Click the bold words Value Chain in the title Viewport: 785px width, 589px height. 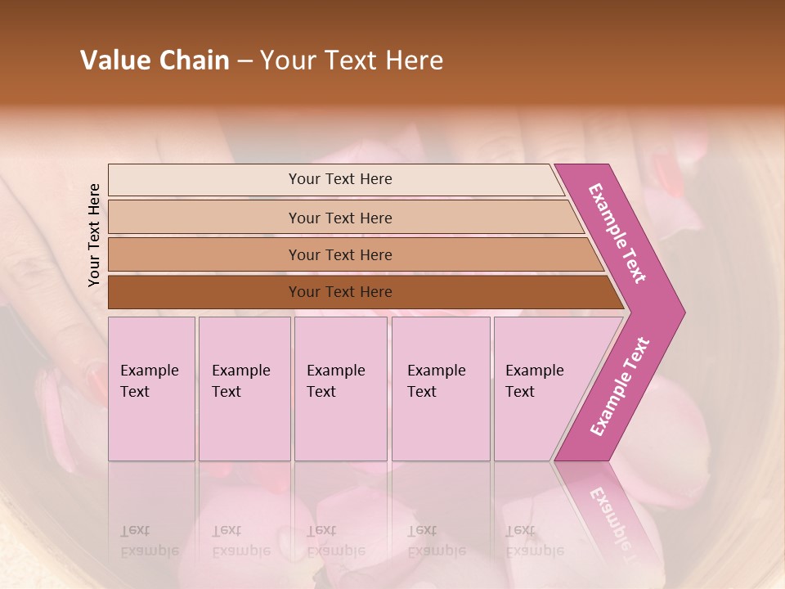click(155, 61)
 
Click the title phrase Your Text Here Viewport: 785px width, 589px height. click(352, 61)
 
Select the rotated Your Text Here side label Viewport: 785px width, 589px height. click(94, 235)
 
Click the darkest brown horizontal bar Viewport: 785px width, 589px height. click(204, 292)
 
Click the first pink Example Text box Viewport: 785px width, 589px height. click(151, 389)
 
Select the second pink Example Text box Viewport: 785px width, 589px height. click(244, 389)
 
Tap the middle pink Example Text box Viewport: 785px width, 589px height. click(340, 389)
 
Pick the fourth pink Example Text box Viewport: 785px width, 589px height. click(441, 389)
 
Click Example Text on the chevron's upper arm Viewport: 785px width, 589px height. click(617, 233)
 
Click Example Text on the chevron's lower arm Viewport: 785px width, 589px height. click(619, 387)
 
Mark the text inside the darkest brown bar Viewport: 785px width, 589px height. click(340, 292)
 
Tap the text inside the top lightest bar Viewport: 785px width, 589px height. click(340, 179)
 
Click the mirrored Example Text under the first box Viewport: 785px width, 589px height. click(149, 541)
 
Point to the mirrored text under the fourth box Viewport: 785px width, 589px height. click(436, 541)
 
